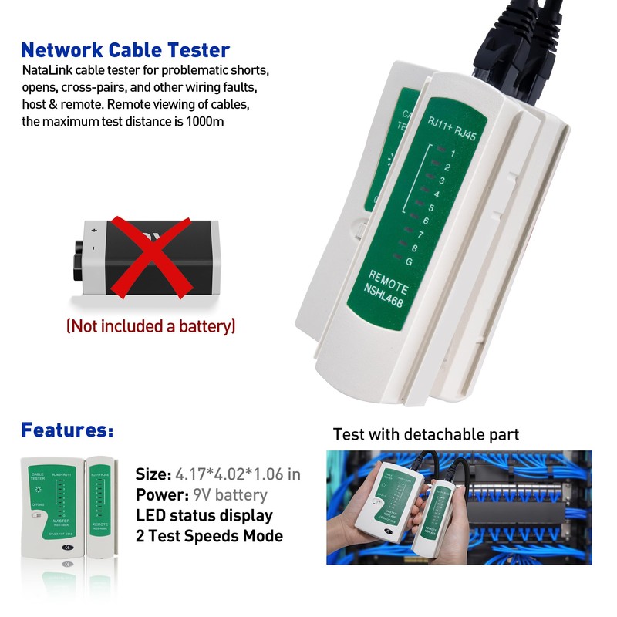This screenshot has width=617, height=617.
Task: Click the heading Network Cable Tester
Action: click(x=125, y=51)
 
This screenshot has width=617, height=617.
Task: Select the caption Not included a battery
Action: click(x=151, y=326)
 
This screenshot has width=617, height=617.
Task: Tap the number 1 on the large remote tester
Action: click(x=453, y=153)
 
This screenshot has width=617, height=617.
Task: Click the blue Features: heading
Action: click(x=67, y=430)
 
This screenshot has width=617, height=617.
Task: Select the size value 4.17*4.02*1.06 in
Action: click(x=238, y=474)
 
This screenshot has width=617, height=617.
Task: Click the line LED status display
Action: click(x=204, y=515)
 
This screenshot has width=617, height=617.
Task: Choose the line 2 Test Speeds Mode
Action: click(x=209, y=536)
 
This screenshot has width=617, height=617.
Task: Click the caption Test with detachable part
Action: click(x=426, y=434)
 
